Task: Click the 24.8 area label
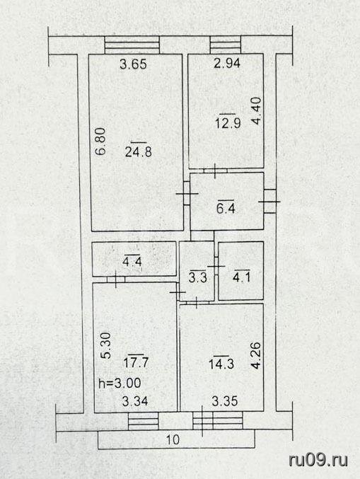coord(139,151)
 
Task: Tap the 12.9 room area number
coord(228,123)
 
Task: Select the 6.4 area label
coord(226,208)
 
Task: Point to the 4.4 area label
coord(132,262)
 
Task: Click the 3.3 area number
coord(197,277)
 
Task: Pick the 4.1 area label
coord(241,277)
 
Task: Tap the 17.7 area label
coord(136,362)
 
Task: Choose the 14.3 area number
coord(221,364)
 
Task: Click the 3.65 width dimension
coord(133,64)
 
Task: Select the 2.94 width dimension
coord(227,63)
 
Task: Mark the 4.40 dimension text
coord(257,110)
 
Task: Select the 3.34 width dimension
coord(135,400)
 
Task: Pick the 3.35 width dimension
coord(225,400)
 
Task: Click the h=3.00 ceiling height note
coord(120,383)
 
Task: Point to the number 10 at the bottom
coord(173,439)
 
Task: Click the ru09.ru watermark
coord(318,460)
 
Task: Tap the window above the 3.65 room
coord(132,45)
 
